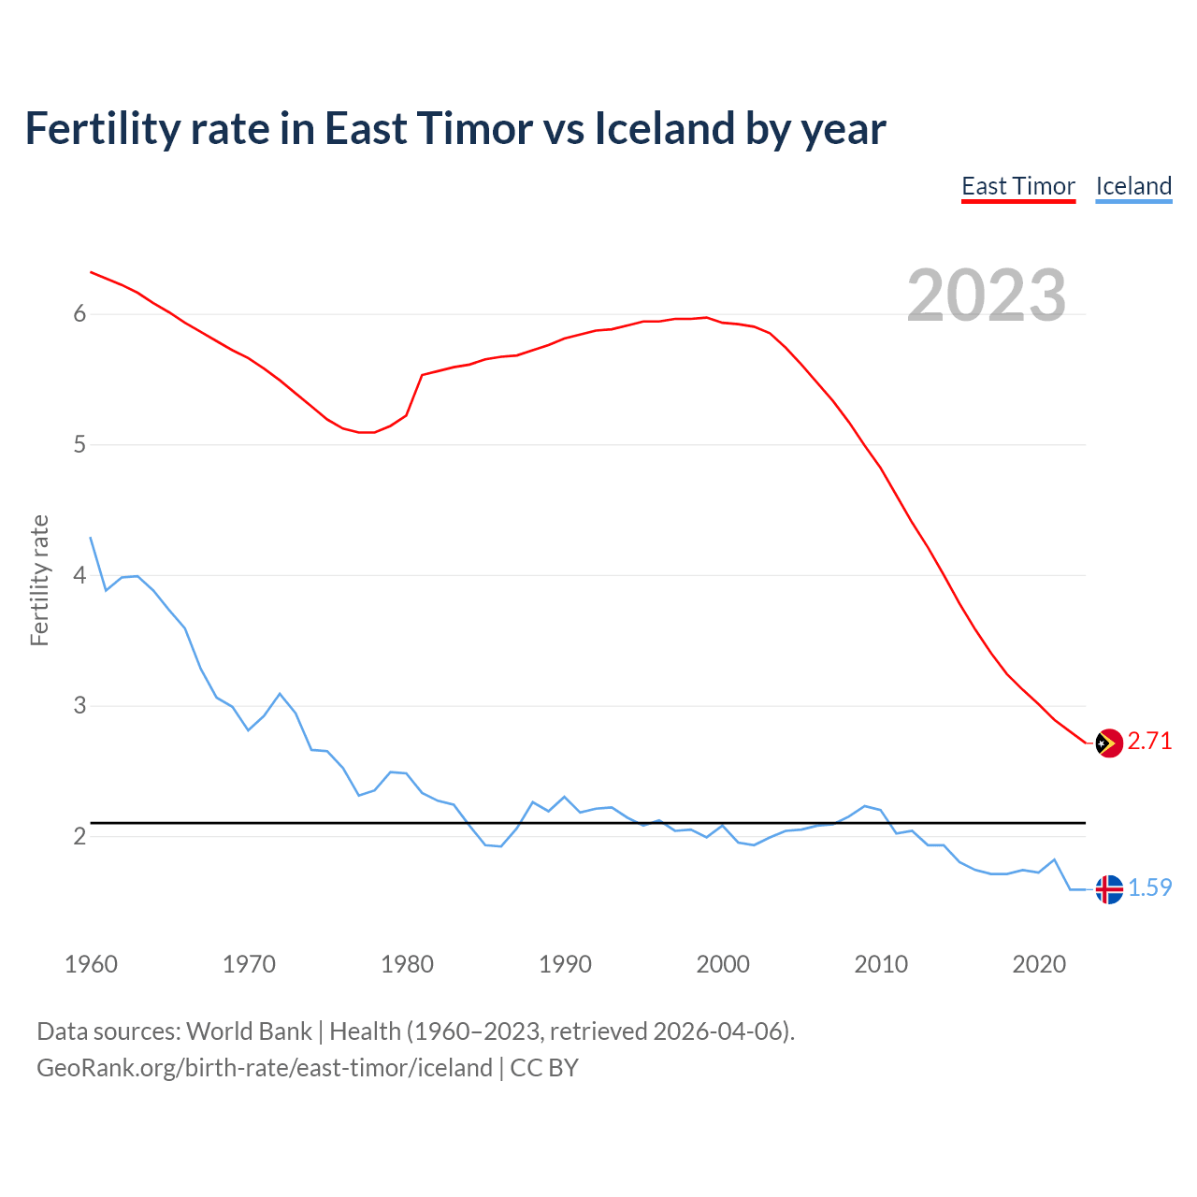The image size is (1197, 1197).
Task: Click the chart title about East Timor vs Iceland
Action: click(454, 128)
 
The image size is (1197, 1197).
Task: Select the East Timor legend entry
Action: click(1018, 186)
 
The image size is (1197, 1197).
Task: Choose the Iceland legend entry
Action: click(1133, 186)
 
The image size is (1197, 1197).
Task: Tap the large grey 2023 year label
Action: click(987, 296)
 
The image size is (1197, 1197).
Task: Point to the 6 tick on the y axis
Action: click(80, 314)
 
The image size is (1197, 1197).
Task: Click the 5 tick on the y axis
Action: click(80, 445)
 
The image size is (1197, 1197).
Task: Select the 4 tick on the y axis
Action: click(80, 575)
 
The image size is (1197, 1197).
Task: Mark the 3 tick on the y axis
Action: click(80, 706)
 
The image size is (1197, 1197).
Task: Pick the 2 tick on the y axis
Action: click(80, 836)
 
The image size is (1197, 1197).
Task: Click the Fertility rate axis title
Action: click(39, 580)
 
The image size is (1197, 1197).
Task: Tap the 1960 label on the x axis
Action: click(91, 964)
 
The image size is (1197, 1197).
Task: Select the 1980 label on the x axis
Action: click(407, 964)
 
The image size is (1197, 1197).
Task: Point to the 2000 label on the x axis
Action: click(723, 964)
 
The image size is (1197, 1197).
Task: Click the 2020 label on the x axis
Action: click(1039, 964)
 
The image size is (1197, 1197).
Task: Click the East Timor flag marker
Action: click(1109, 743)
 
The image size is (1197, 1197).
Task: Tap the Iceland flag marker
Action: click(1109, 889)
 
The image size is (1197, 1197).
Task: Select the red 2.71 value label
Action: click(1149, 742)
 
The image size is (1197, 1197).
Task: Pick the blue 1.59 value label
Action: click(1149, 888)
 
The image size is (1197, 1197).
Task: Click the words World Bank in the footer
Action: click(249, 1031)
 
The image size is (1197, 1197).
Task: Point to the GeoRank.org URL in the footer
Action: click(265, 1068)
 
